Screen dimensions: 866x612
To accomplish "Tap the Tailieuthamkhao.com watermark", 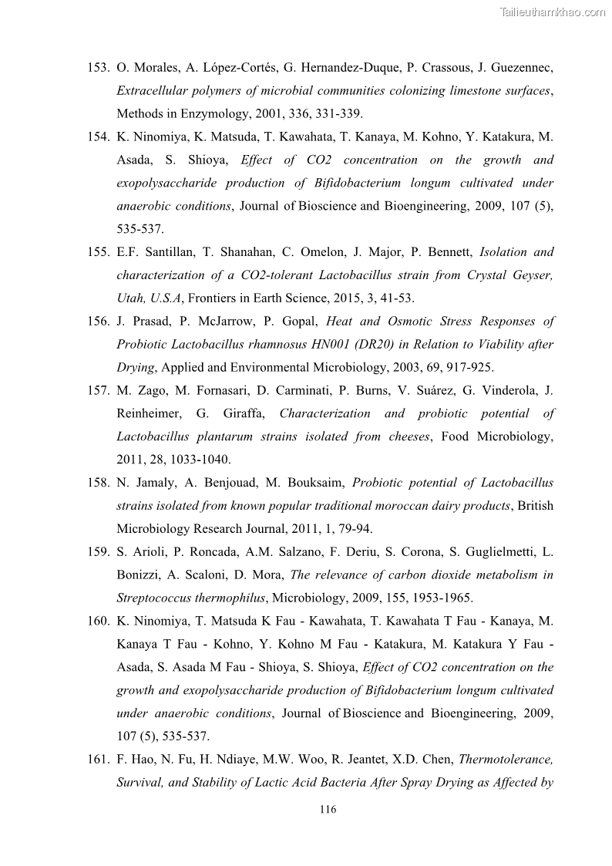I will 553,12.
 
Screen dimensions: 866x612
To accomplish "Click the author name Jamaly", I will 153,483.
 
